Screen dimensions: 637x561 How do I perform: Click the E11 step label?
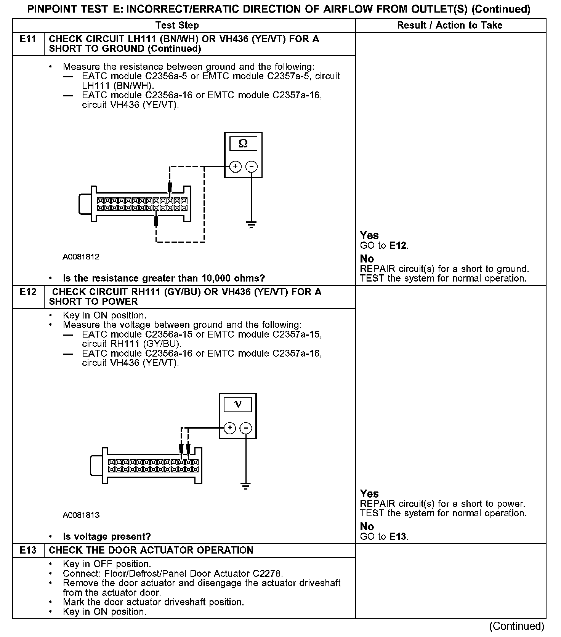[28, 39]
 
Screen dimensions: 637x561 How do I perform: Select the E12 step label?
[28, 292]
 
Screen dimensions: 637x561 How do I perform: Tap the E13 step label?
[28, 551]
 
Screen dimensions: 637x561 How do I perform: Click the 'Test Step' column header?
[177, 26]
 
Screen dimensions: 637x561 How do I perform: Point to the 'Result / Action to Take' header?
[450, 26]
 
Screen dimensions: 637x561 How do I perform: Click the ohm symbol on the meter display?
[243, 144]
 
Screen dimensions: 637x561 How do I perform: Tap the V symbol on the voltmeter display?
[238, 405]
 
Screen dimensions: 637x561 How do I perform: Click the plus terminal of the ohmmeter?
[236, 166]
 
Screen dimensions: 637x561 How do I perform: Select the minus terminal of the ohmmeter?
[251, 166]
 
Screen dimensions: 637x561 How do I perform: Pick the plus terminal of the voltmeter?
[230, 428]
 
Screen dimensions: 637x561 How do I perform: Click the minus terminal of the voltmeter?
[246, 428]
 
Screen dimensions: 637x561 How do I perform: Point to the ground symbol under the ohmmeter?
[251, 224]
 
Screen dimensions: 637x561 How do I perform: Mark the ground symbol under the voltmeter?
[246, 486]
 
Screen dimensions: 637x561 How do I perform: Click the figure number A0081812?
[81, 257]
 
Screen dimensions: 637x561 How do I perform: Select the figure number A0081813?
[81, 515]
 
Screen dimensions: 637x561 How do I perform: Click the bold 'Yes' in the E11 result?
[369, 235]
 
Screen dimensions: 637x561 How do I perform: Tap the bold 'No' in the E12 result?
[367, 527]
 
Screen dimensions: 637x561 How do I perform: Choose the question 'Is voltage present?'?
[107, 537]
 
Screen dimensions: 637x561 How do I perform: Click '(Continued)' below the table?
[516, 626]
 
